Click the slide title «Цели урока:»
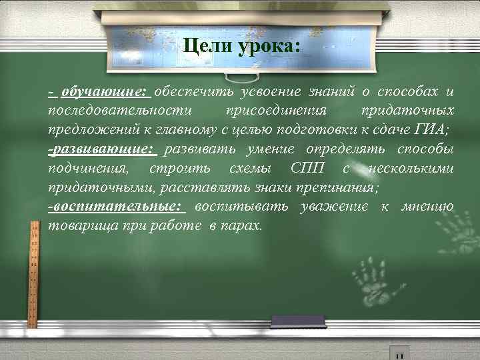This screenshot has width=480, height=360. pyautogui.click(x=241, y=47)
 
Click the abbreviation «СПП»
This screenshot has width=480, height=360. pyautogui.click(x=307, y=169)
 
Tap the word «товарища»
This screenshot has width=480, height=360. pyautogui.click(x=83, y=227)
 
